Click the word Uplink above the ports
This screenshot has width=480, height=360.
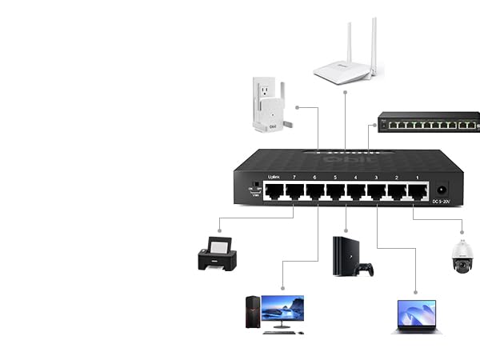coord(270,178)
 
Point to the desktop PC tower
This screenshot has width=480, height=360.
coord(252,314)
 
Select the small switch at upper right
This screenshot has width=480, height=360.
coord(430,122)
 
